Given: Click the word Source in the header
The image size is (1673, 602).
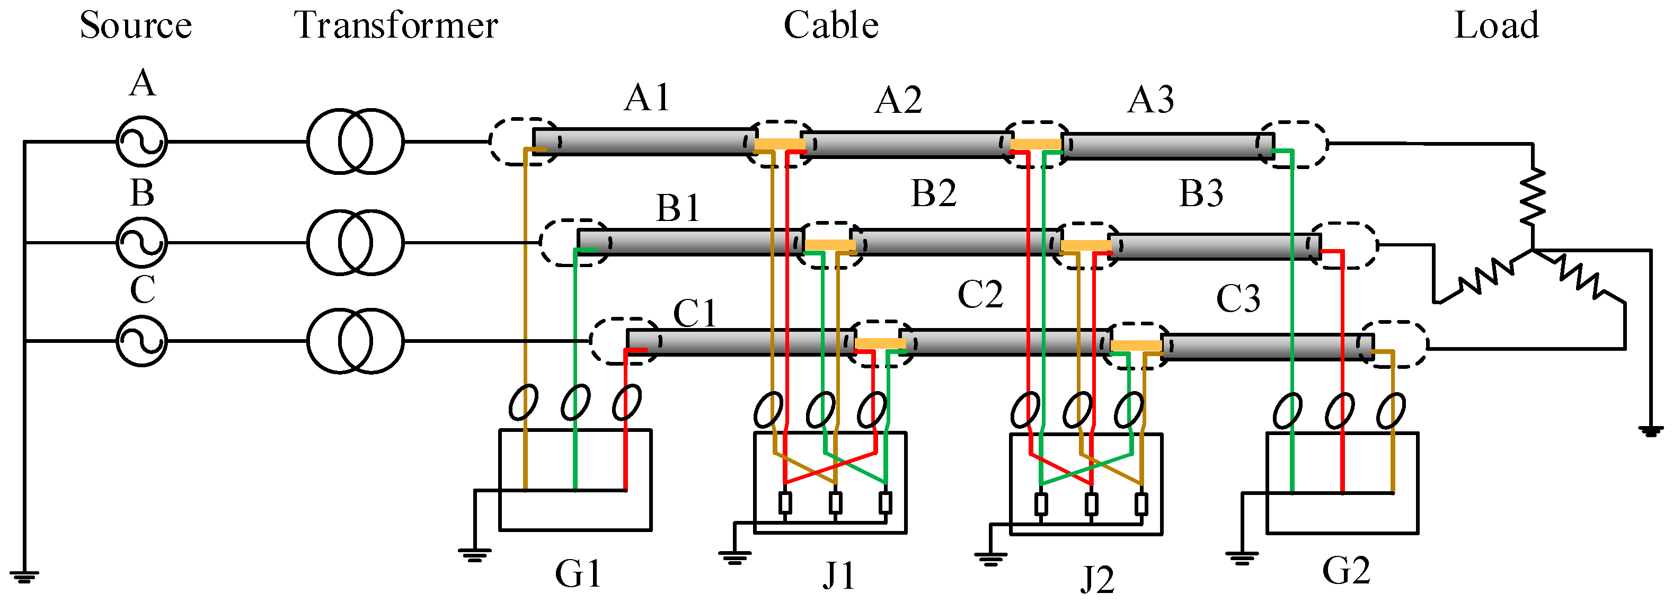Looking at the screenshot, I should pos(136,26).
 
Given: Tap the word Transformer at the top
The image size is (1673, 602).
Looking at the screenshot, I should pos(396,26).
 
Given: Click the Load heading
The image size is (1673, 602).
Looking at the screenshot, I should pos(1497,26).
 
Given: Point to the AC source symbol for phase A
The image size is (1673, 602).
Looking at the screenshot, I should pos(141,141).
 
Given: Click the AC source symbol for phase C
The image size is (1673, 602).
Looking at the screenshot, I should pos(141,341).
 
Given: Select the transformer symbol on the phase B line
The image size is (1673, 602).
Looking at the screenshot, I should pos(355,242).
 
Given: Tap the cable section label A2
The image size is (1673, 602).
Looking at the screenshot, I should pos(898,101).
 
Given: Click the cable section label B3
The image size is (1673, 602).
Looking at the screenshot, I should pos(1201,193).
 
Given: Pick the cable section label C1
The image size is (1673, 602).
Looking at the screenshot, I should pos(694,314).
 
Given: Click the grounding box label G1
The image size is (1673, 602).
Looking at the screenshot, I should pos(578,573).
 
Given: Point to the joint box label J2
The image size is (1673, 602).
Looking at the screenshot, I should pos(1097,579).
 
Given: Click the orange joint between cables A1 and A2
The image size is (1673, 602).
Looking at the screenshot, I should pos(780,144).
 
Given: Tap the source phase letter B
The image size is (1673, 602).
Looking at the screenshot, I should pos(142,193).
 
